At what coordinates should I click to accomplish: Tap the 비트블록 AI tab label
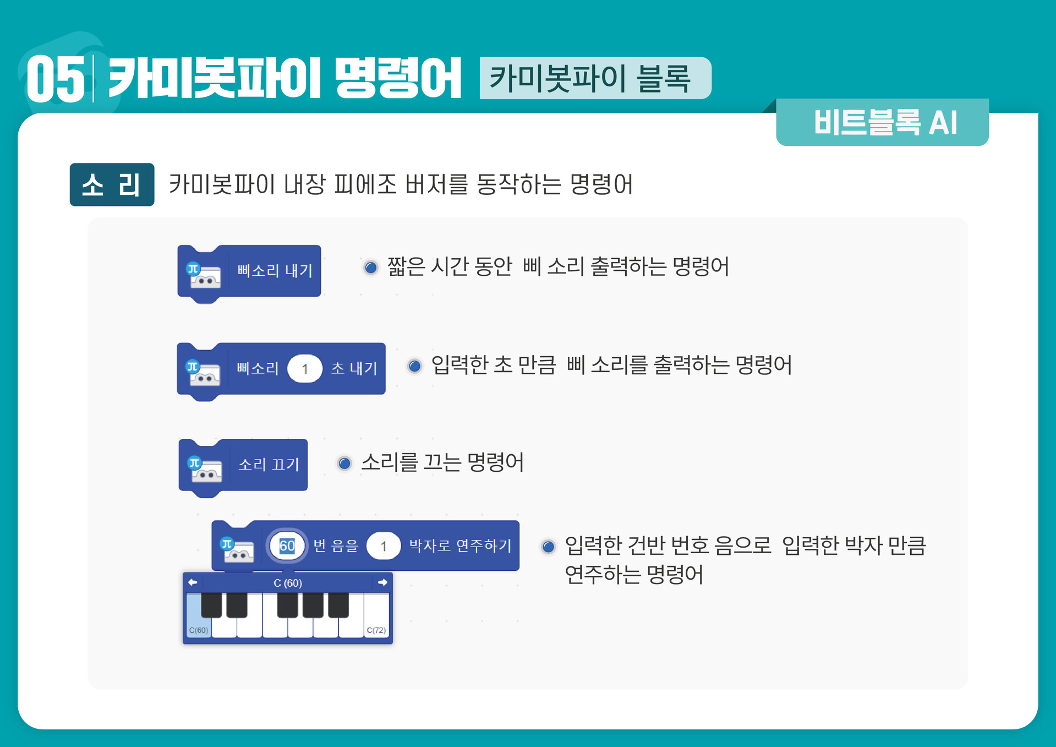(885, 122)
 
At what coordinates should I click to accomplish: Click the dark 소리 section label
(112, 185)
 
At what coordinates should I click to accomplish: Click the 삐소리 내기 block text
(275, 271)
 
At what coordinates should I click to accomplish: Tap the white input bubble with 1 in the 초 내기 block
(304, 369)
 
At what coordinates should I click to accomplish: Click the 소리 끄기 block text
(269, 465)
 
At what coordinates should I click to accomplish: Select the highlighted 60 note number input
(287, 546)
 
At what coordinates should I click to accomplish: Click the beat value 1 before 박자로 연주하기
(384, 546)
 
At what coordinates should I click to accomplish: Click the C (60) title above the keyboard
(287, 583)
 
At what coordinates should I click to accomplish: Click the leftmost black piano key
(211, 604)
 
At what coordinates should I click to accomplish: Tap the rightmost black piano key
(338, 604)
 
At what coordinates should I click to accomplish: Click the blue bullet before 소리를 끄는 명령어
(344, 464)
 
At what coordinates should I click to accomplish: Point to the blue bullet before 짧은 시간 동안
(371, 268)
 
